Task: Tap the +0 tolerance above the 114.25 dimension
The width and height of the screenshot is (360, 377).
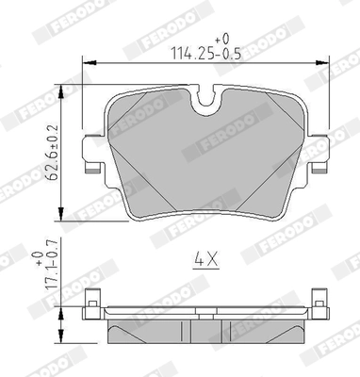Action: click(221, 39)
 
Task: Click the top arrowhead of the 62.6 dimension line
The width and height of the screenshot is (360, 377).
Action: click(59, 85)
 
